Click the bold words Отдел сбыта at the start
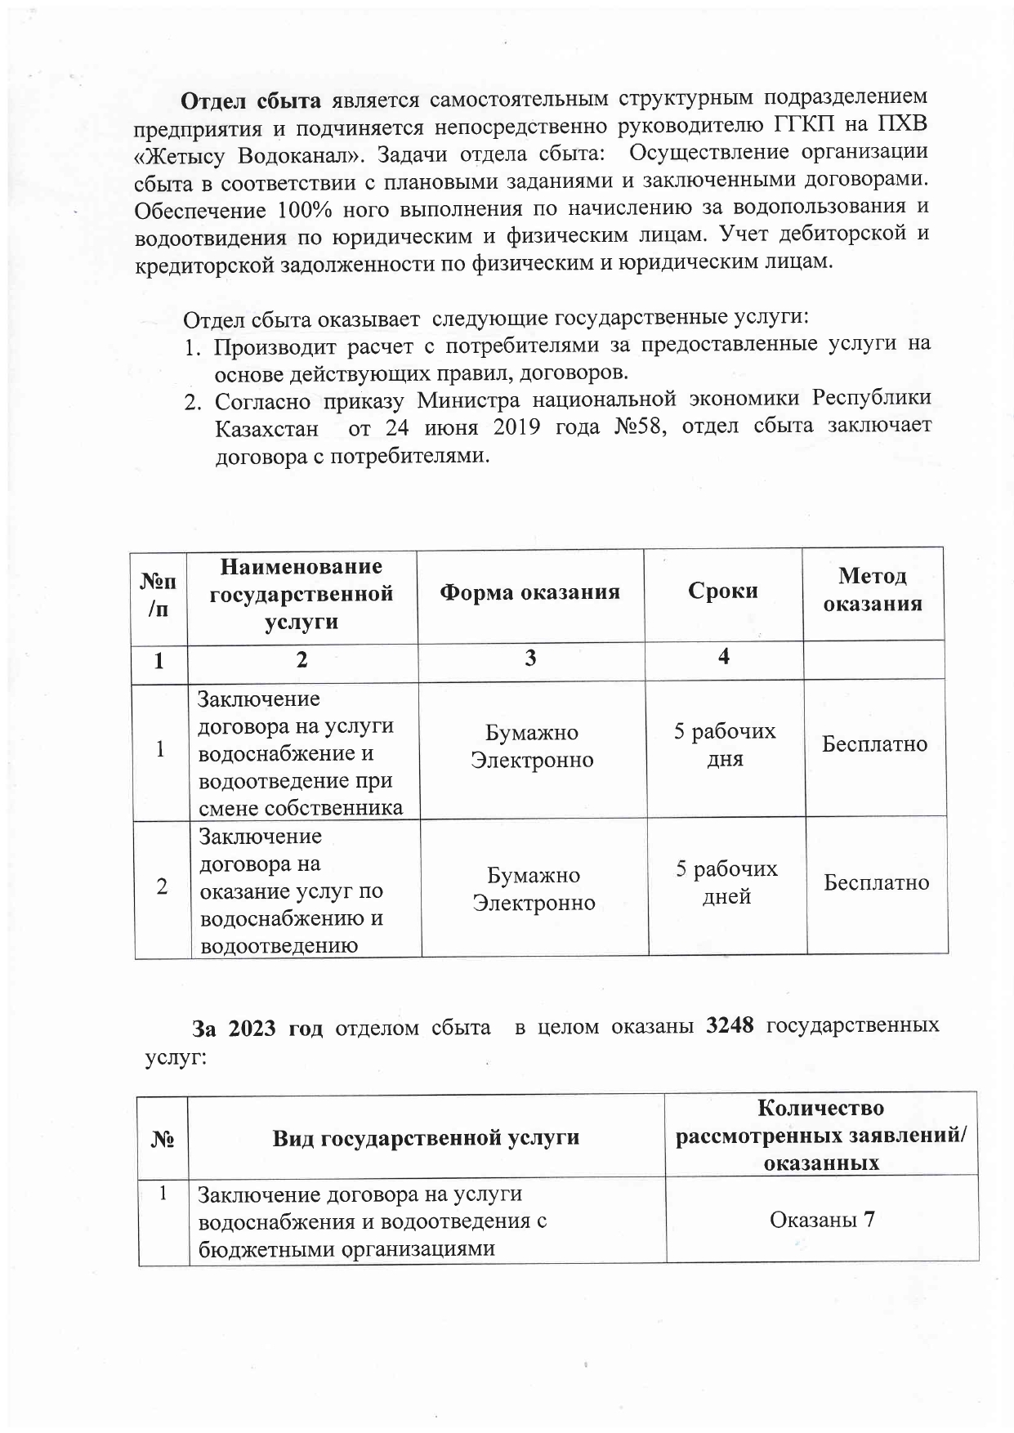tap(251, 101)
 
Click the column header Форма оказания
tap(529, 592)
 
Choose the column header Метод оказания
tap(872, 590)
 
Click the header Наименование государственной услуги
tap(302, 593)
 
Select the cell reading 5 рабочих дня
tap(724, 744)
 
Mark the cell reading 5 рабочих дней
tap(726, 882)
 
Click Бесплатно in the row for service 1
tap(874, 744)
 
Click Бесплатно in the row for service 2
tap(876, 882)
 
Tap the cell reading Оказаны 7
tap(822, 1220)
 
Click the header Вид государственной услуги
tap(426, 1137)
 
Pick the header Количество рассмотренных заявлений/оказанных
tap(821, 1136)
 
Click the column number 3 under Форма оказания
tap(530, 658)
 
